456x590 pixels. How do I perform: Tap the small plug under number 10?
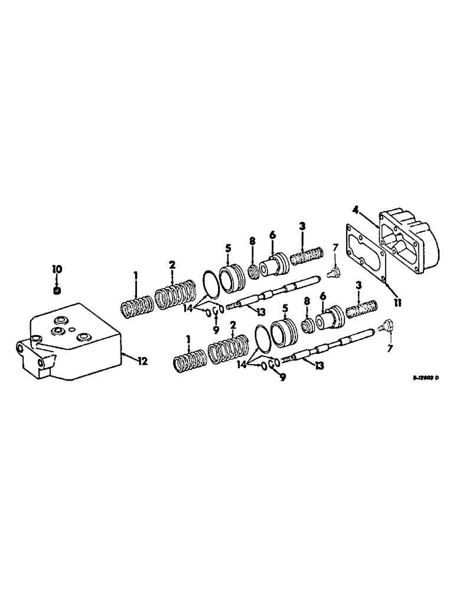coord(57,290)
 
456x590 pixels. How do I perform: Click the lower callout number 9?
coord(282,378)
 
